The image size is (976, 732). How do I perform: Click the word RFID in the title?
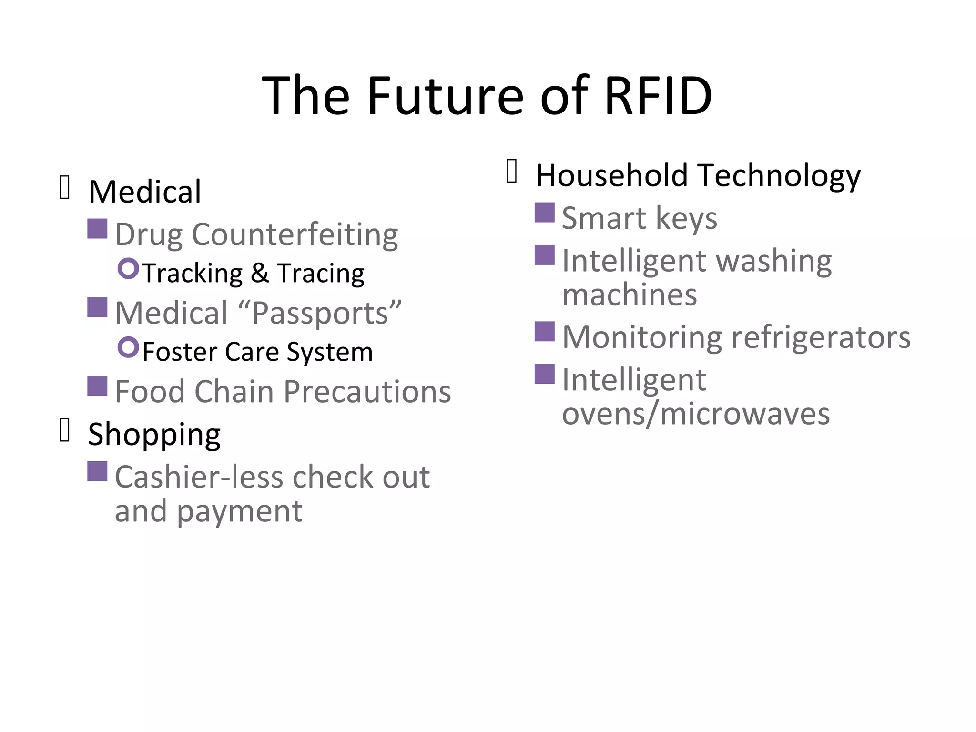tap(658, 96)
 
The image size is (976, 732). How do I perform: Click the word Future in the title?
tap(446, 96)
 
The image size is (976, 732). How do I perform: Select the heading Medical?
tap(145, 192)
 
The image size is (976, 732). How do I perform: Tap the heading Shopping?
tap(154, 435)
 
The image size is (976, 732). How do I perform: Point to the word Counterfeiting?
tap(295, 235)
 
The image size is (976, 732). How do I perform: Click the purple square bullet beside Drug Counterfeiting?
tap(97, 229)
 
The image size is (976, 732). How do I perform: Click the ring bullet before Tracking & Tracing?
tap(128, 268)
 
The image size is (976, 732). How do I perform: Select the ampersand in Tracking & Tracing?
tap(260, 274)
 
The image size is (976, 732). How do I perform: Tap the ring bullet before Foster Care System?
tap(128, 347)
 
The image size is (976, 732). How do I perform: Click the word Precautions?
tap(367, 392)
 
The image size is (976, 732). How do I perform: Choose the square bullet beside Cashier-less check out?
tap(97, 471)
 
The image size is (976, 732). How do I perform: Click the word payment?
tap(239, 511)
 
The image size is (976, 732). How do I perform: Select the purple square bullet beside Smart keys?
tap(544, 213)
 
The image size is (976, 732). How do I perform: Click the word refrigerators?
tap(821, 337)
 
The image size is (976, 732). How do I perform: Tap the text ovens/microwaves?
tap(695, 414)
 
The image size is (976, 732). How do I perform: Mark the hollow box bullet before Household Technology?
tap(512, 171)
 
